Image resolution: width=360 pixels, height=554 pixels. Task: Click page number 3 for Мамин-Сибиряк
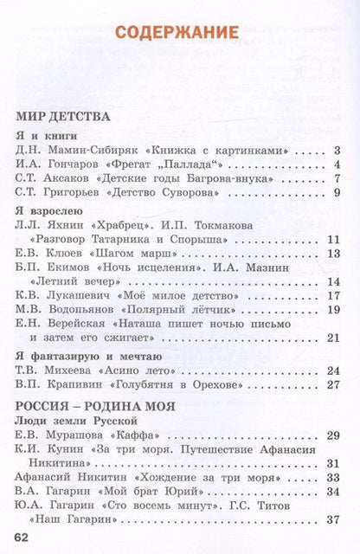[x=337, y=151]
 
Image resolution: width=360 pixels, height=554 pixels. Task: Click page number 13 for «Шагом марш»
[x=334, y=271]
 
